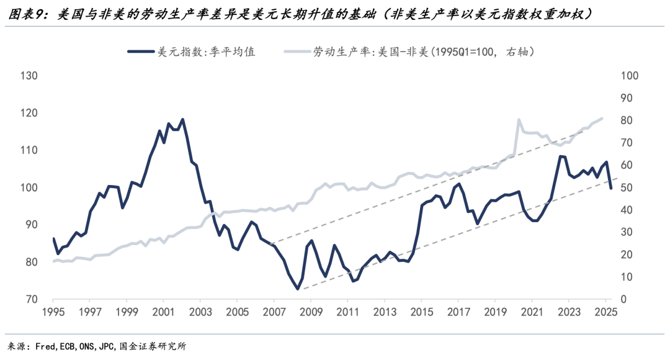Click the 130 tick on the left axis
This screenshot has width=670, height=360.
click(30, 76)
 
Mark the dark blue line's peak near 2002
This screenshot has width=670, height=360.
click(182, 119)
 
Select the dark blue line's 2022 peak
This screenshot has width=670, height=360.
click(560, 156)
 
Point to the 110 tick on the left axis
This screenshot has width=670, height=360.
click(30, 150)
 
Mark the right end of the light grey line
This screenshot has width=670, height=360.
click(602, 118)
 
